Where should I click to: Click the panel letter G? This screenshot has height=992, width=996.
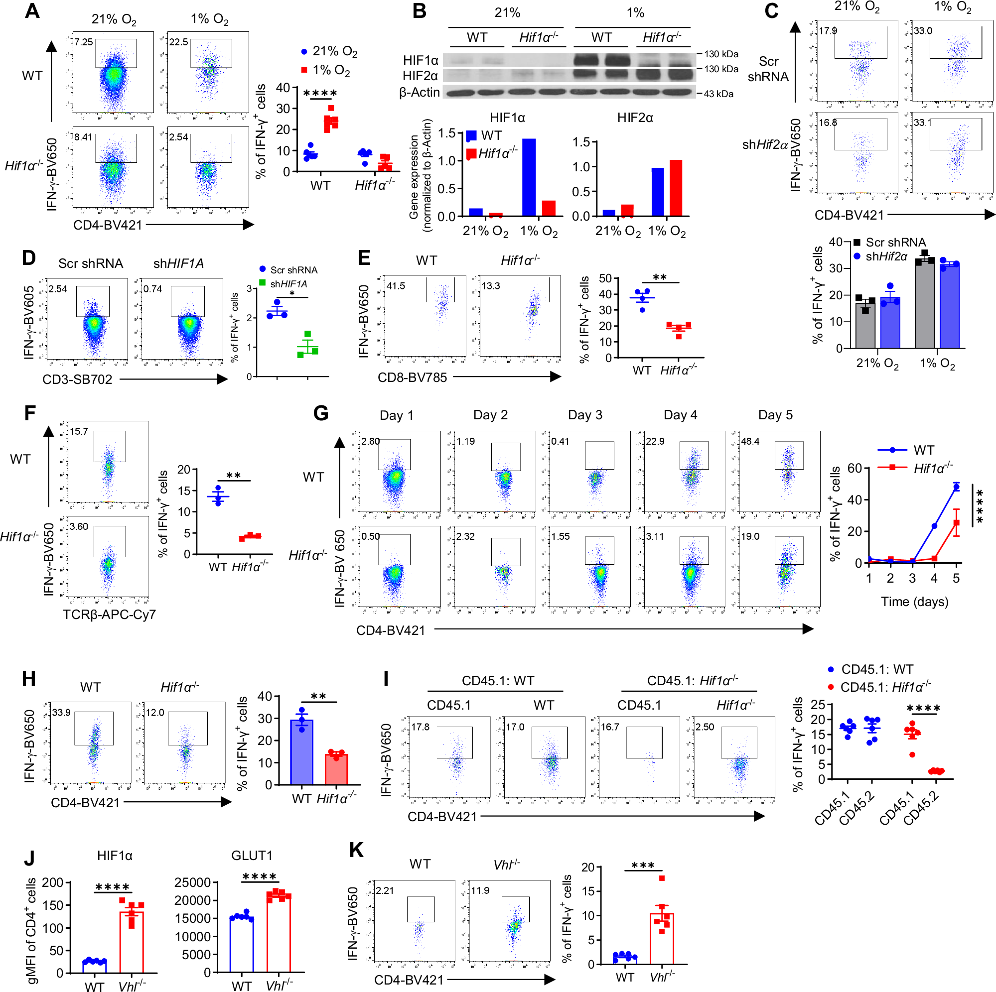pyautogui.click(x=321, y=413)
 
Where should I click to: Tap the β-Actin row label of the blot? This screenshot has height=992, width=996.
pyautogui.click(x=419, y=92)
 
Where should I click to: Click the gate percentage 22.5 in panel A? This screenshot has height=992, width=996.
pyautogui.click(x=178, y=42)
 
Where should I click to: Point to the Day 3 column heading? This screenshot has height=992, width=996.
pyautogui.click(x=584, y=415)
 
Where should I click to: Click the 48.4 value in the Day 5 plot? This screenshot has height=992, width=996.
pyautogui.click(x=750, y=441)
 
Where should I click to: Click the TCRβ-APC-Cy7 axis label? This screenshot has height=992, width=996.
pyautogui.click(x=109, y=614)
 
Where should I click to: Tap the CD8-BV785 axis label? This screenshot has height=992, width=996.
pyautogui.click(x=412, y=377)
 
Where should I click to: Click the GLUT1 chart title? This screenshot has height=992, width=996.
pyautogui.click(x=252, y=856)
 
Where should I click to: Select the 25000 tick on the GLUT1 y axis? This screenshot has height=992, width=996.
pyautogui.click(x=192, y=882)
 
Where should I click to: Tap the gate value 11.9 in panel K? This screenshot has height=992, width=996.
pyautogui.click(x=480, y=890)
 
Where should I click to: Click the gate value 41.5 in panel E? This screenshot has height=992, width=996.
pyautogui.click(x=396, y=286)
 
